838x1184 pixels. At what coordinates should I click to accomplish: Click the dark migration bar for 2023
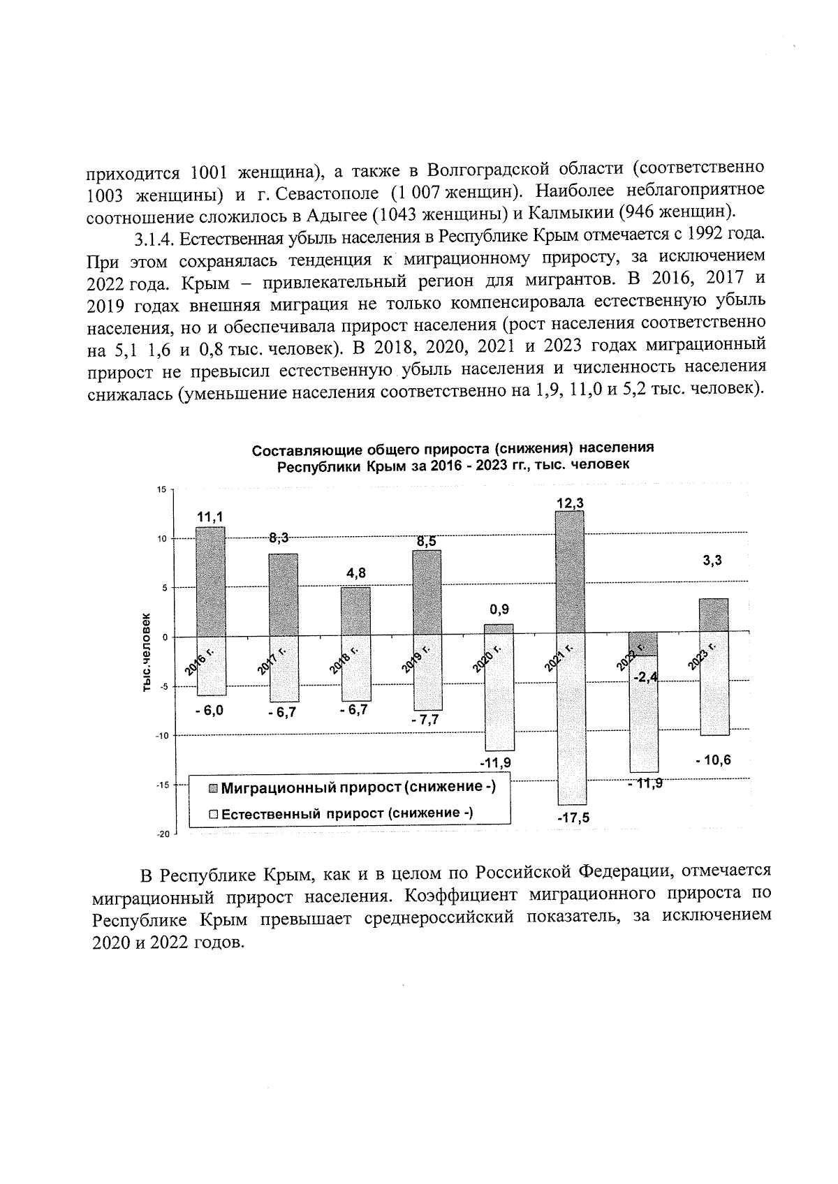pyautogui.click(x=713, y=614)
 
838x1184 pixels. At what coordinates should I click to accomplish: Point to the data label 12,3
pyautogui.click(x=570, y=503)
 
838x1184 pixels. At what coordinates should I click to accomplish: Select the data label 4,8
pyautogui.click(x=356, y=572)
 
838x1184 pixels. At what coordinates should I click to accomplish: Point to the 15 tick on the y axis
pyautogui.click(x=161, y=489)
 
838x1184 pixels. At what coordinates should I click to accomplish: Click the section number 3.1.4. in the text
pyautogui.click(x=155, y=239)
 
